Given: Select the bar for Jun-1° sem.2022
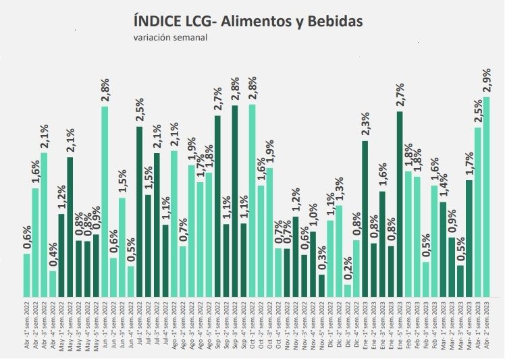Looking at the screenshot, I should (x=105, y=202).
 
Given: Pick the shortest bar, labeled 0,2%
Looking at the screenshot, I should (x=348, y=290).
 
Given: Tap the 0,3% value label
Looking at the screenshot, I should (x=321, y=260).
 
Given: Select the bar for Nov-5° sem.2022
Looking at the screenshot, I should (x=321, y=285).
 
